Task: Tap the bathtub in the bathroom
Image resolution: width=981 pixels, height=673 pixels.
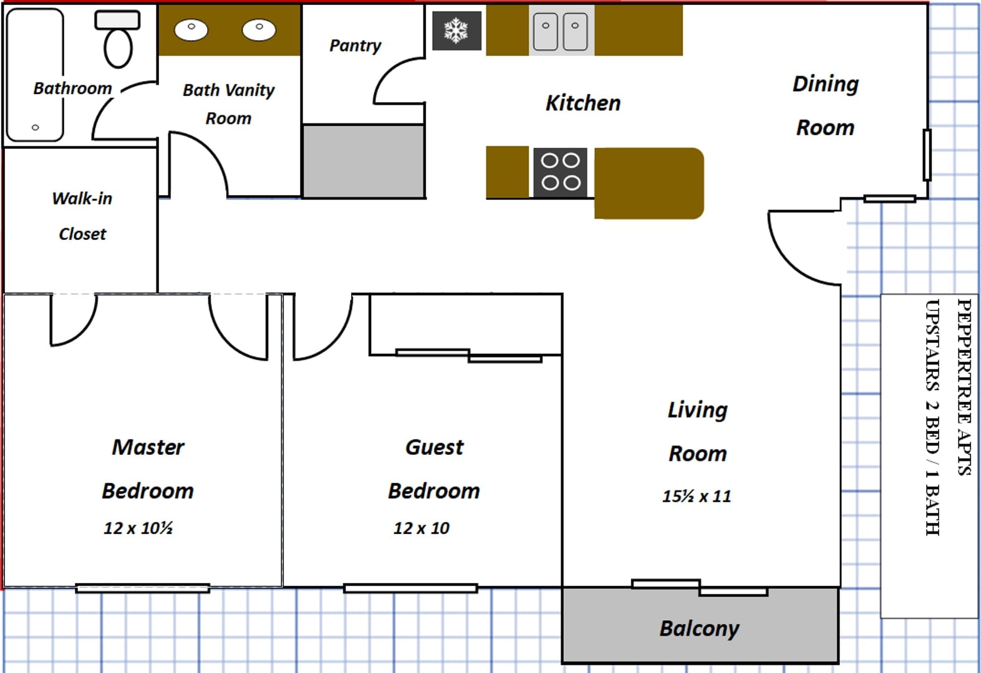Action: [x=35, y=75]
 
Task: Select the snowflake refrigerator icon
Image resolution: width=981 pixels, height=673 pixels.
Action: [x=457, y=31]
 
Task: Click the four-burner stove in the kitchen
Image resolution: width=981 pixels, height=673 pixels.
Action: [x=560, y=172]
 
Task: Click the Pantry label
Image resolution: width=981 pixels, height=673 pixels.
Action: [x=355, y=45]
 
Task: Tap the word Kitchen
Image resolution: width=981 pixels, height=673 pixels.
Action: [x=583, y=103]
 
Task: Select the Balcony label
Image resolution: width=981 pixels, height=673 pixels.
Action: [x=699, y=628]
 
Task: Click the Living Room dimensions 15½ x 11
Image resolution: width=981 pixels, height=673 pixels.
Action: [x=697, y=497]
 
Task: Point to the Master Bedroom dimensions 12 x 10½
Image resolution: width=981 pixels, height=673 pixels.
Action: [x=138, y=528]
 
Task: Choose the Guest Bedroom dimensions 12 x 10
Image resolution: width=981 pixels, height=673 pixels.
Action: [x=421, y=528]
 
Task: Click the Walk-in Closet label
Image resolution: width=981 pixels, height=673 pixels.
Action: [x=82, y=216]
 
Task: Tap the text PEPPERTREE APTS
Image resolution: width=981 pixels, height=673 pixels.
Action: [x=964, y=387]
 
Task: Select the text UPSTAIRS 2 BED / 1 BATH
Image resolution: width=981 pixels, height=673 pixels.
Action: [x=932, y=417]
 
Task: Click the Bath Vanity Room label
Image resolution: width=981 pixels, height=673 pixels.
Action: [x=228, y=104]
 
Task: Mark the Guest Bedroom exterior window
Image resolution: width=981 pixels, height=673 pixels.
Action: [x=410, y=588]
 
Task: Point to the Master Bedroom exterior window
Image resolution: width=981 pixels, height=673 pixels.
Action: [x=142, y=588]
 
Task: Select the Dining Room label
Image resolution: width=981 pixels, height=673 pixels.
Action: [x=825, y=105]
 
